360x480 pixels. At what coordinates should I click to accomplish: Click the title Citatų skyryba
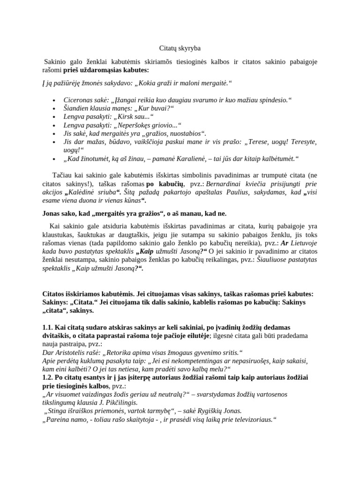point(180,48)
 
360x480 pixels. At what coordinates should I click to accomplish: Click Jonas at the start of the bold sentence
point(53,214)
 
